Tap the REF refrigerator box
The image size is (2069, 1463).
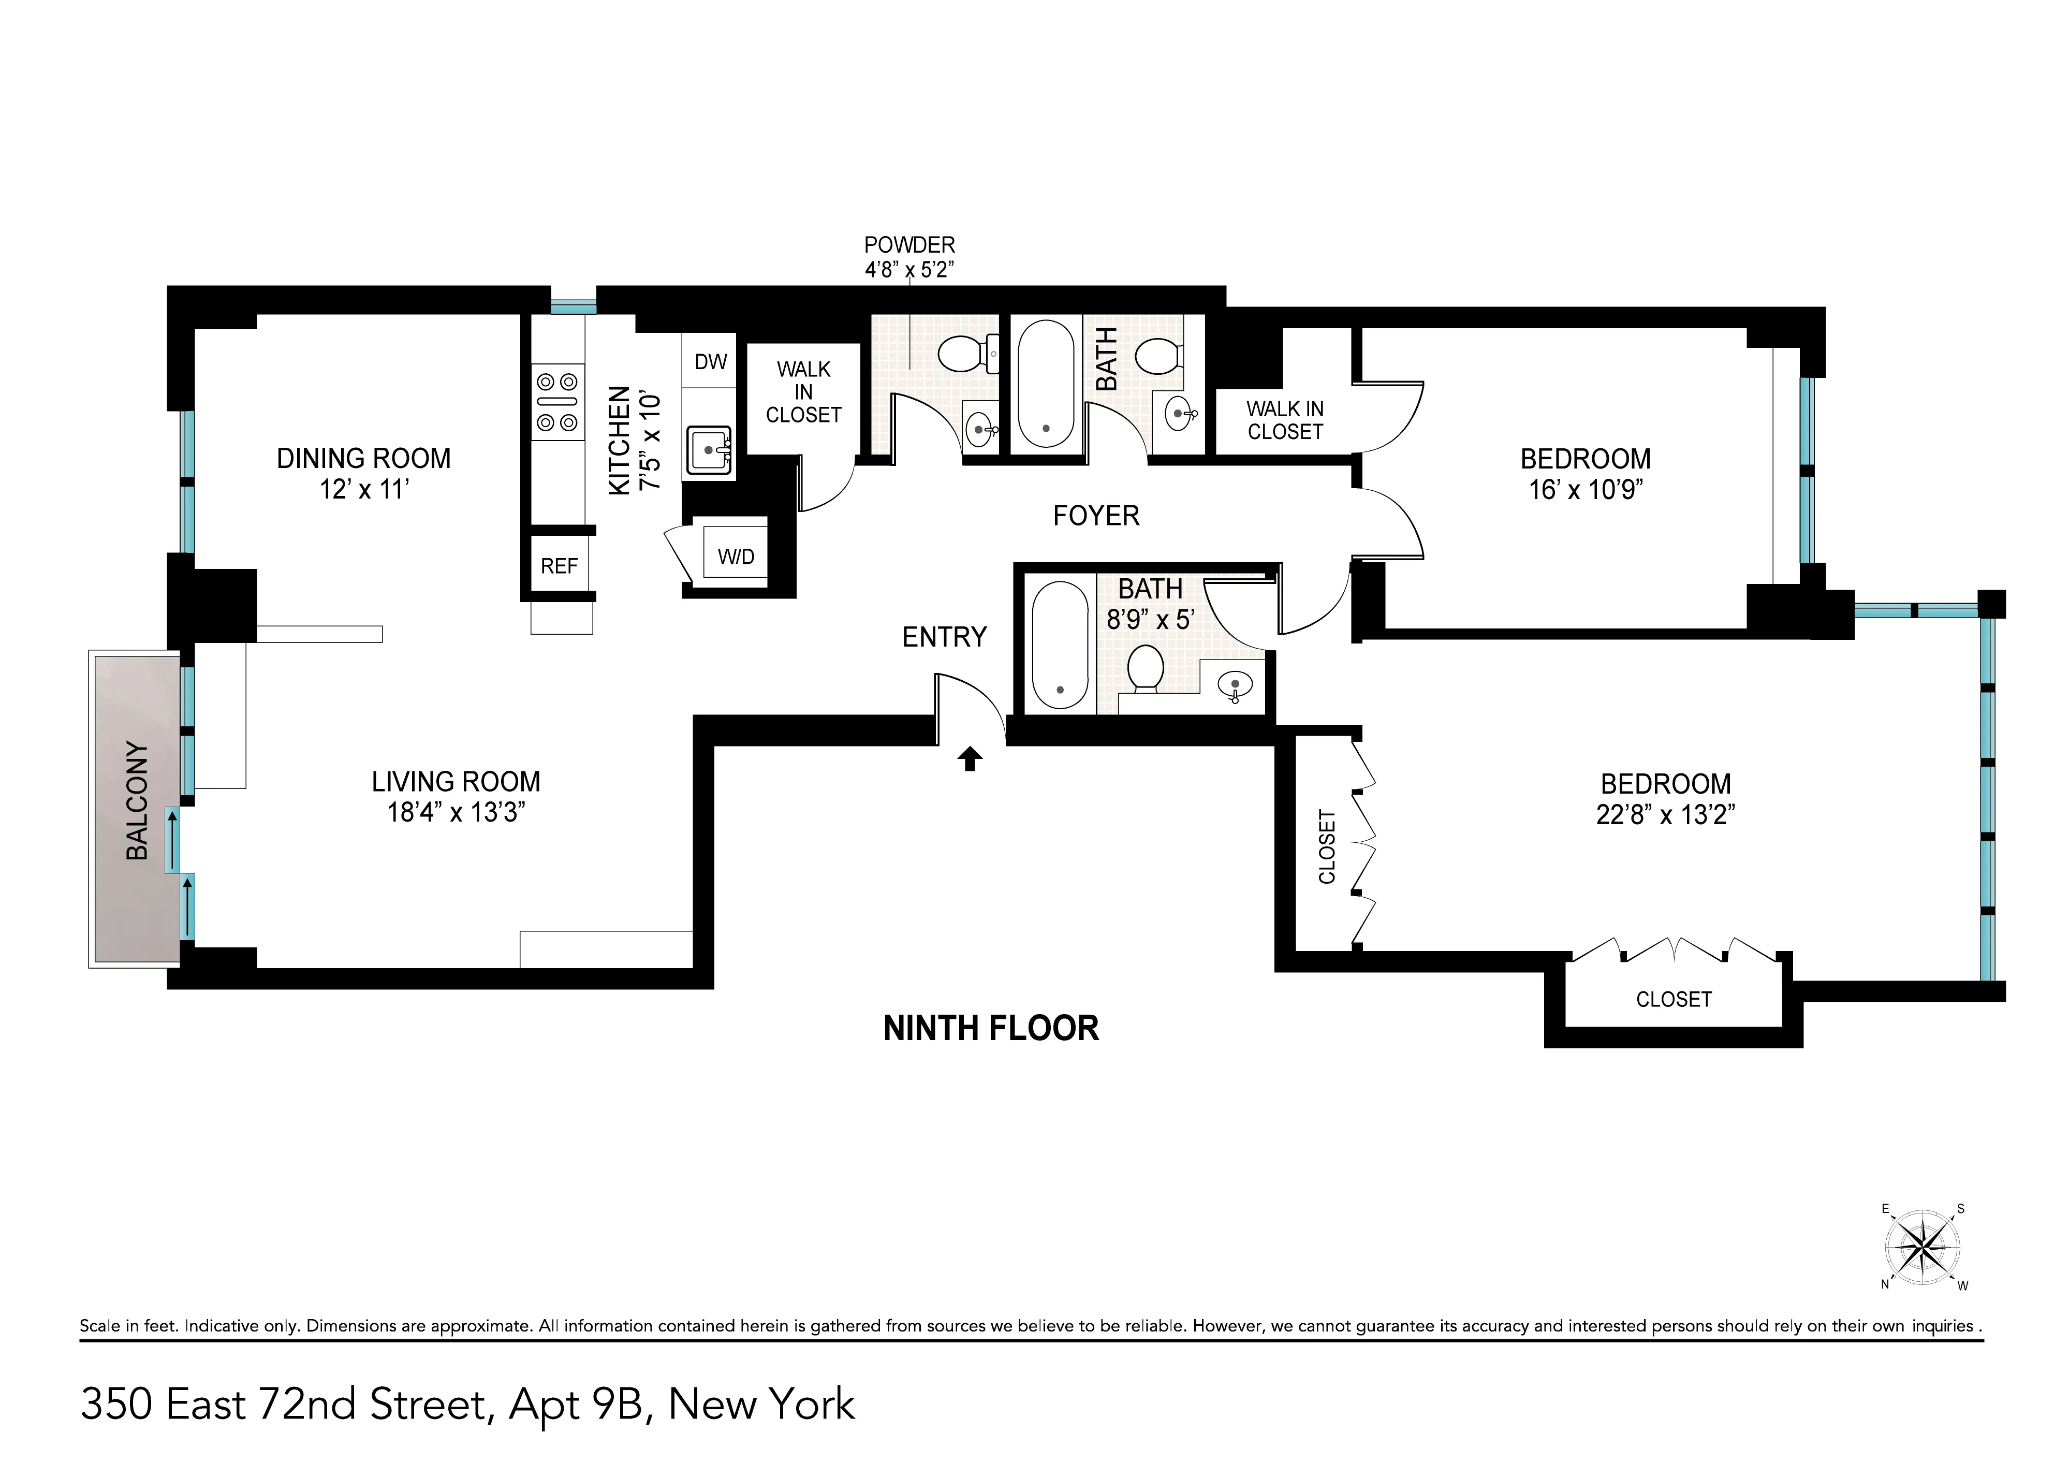tap(559, 565)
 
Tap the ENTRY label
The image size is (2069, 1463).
tap(944, 637)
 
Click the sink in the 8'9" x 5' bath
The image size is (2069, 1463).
tap(1235, 687)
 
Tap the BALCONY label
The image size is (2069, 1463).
tap(137, 800)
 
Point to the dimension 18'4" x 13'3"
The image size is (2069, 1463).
tap(456, 812)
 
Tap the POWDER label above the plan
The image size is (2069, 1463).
tap(909, 244)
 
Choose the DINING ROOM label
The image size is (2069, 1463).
tap(363, 458)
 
